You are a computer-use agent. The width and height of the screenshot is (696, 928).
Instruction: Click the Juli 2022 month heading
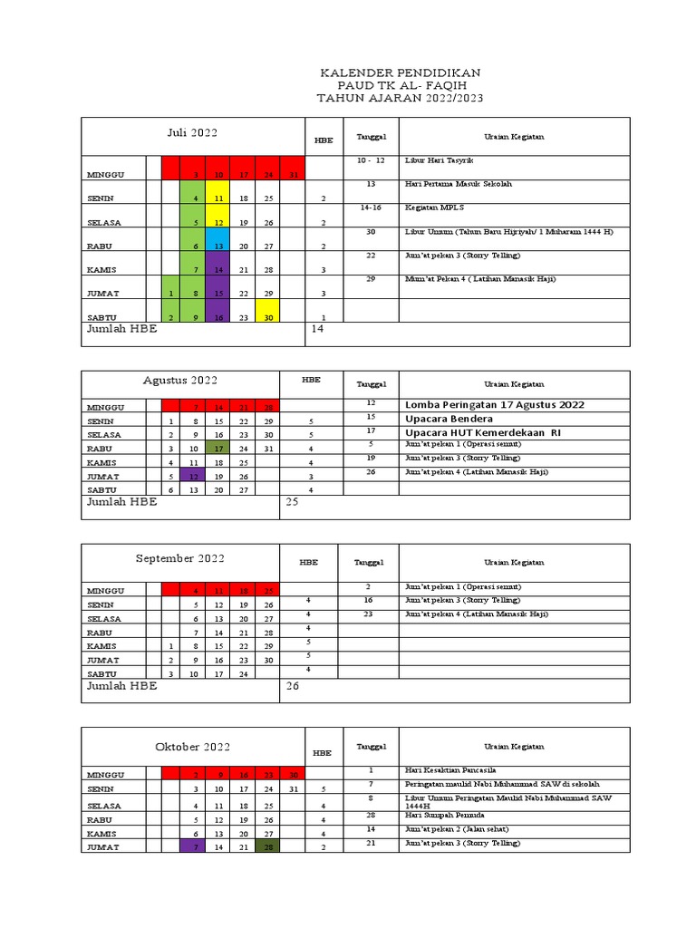point(192,133)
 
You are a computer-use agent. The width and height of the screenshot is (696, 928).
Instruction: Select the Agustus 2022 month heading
point(180,381)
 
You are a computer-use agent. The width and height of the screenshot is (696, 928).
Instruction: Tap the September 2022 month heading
point(180,559)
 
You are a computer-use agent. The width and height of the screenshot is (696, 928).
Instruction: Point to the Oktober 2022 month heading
point(192,747)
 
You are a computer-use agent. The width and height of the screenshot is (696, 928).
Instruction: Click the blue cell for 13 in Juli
point(218,246)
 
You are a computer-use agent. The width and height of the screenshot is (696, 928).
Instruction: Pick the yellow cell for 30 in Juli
point(267,316)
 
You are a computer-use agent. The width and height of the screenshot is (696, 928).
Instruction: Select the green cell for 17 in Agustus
point(218,448)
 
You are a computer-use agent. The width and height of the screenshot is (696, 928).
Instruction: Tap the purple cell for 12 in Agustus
point(193,476)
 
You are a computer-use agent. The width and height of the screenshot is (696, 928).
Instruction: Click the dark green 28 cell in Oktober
point(267,846)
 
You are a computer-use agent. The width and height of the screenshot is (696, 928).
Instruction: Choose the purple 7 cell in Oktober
point(193,846)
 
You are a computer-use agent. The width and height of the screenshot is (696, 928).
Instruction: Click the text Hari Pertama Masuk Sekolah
point(458,184)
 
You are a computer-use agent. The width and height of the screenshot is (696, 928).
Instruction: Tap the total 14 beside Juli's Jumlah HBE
point(317,329)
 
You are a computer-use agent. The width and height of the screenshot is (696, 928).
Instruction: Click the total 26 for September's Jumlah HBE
point(292,686)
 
